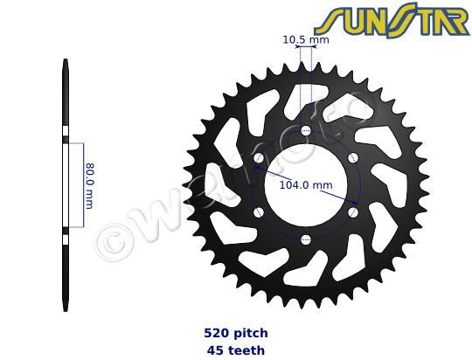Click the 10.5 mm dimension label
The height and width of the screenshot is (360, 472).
pyautogui.click(x=305, y=39)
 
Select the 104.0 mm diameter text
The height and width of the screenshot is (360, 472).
pyautogui.click(x=305, y=185)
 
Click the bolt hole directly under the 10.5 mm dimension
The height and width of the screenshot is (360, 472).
pyautogui.click(x=305, y=131)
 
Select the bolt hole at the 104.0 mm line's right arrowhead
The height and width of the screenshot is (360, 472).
pyautogui.click(x=352, y=212)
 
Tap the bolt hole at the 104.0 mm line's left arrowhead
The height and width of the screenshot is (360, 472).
pyautogui.click(x=259, y=158)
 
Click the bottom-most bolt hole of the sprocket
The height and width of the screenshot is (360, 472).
pyautogui.click(x=305, y=239)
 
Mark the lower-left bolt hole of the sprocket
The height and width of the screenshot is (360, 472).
pyautogui.click(x=259, y=212)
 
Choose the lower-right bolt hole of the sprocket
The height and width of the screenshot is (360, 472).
pyautogui.click(x=352, y=212)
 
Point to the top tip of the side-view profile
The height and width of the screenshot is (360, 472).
pyautogui.click(x=66, y=61)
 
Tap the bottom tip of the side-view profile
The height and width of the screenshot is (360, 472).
pyautogui.click(x=66, y=308)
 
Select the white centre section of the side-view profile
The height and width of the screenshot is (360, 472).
pyautogui.click(x=66, y=184)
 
